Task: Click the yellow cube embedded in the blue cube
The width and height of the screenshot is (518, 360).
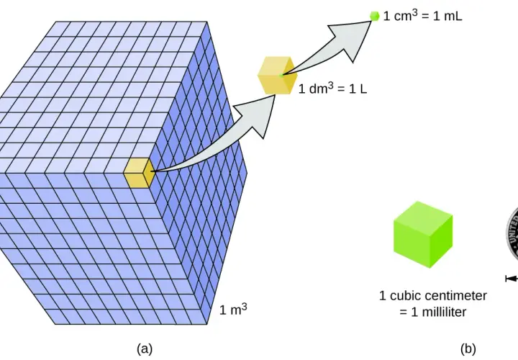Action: click(140, 173)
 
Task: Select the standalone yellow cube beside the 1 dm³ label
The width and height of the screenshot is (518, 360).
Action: click(276, 76)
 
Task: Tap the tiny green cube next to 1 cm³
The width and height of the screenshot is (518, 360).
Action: click(375, 16)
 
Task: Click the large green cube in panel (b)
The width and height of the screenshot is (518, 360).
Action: click(423, 235)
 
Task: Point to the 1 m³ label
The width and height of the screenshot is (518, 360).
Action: click(233, 310)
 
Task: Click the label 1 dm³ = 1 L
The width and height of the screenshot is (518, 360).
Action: click(332, 89)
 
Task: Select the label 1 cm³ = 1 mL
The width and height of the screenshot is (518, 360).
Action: click(422, 16)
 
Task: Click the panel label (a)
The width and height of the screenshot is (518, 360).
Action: click(145, 348)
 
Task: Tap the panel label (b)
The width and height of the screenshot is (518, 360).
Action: click(468, 348)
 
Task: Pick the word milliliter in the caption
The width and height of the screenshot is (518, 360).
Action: click(438, 312)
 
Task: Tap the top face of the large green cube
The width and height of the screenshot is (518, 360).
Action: click(423, 212)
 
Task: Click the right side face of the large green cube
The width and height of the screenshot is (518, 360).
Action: click(441, 241)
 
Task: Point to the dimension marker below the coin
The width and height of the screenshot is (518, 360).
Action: click(512, 279)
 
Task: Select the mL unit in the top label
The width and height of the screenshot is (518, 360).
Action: click(453, 16)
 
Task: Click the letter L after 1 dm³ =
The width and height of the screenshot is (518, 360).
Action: click(364, 89)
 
